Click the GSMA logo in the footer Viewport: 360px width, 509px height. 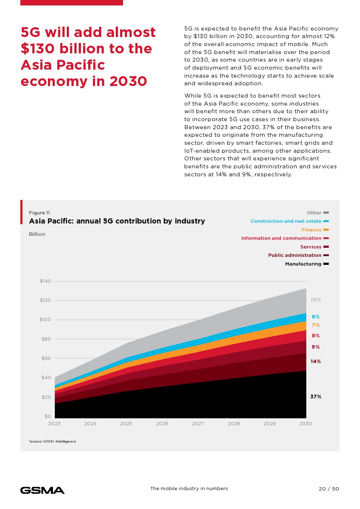coord(42,490)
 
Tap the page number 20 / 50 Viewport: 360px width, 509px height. coord(329,489)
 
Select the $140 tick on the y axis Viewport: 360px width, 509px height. coord(45,281)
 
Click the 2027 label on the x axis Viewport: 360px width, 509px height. coord(198,423)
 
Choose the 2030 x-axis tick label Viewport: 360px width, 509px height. coord(306,423)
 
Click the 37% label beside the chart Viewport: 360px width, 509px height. coord(316,397)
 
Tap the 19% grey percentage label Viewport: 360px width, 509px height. coord(316,300)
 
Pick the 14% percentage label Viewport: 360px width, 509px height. coord(316,361)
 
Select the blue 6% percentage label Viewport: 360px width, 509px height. coord(316,317)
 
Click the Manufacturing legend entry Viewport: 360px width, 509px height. coord(303,264)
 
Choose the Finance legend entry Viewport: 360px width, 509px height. coord(311,230)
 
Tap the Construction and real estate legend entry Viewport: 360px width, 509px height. coord(286,221)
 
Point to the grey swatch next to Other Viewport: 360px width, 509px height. coord(326,213)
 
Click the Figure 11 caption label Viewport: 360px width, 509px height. coord(40,213)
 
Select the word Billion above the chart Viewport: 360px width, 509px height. coord(37,234)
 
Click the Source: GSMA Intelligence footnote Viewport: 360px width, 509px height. coord(53,442)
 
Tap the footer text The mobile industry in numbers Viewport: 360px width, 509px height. coord(189,489)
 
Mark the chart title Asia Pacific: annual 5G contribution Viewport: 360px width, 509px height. coord(117,221)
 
